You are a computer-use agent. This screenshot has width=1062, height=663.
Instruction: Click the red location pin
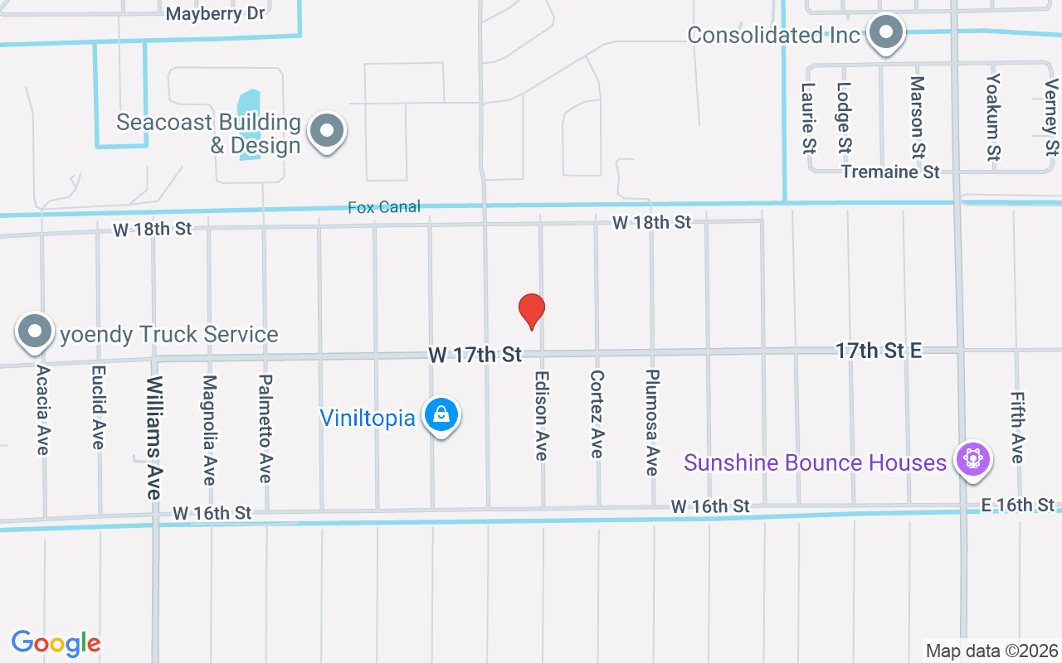(531, 311)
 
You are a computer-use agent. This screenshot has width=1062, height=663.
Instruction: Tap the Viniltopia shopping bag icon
(441, 414)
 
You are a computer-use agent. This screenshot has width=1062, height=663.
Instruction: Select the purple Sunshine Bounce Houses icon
(973, 460)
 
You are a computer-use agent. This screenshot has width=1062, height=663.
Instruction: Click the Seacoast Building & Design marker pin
(327, 132)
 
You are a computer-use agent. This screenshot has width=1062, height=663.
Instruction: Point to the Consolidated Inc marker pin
(886, 33)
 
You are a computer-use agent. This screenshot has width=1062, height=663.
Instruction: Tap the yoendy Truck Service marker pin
(35, 331)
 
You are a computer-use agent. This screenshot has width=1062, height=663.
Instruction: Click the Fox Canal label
(384, 207)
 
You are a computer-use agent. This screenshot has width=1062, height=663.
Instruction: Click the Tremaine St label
(890, 172)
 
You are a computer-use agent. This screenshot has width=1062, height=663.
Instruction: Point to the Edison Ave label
(541, 414)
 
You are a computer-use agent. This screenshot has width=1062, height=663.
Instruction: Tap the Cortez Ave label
(597, 414)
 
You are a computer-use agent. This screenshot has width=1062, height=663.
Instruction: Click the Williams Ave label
(154, 437)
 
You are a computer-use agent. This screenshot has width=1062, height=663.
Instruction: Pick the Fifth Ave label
(1017, 428)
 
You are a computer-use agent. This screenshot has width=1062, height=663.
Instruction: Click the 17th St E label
(879, 351)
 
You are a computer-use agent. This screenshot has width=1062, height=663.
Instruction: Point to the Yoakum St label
(993, 117)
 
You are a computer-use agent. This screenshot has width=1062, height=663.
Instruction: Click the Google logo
(56, 643)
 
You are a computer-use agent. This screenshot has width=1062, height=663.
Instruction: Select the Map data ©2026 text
(991, 651)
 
